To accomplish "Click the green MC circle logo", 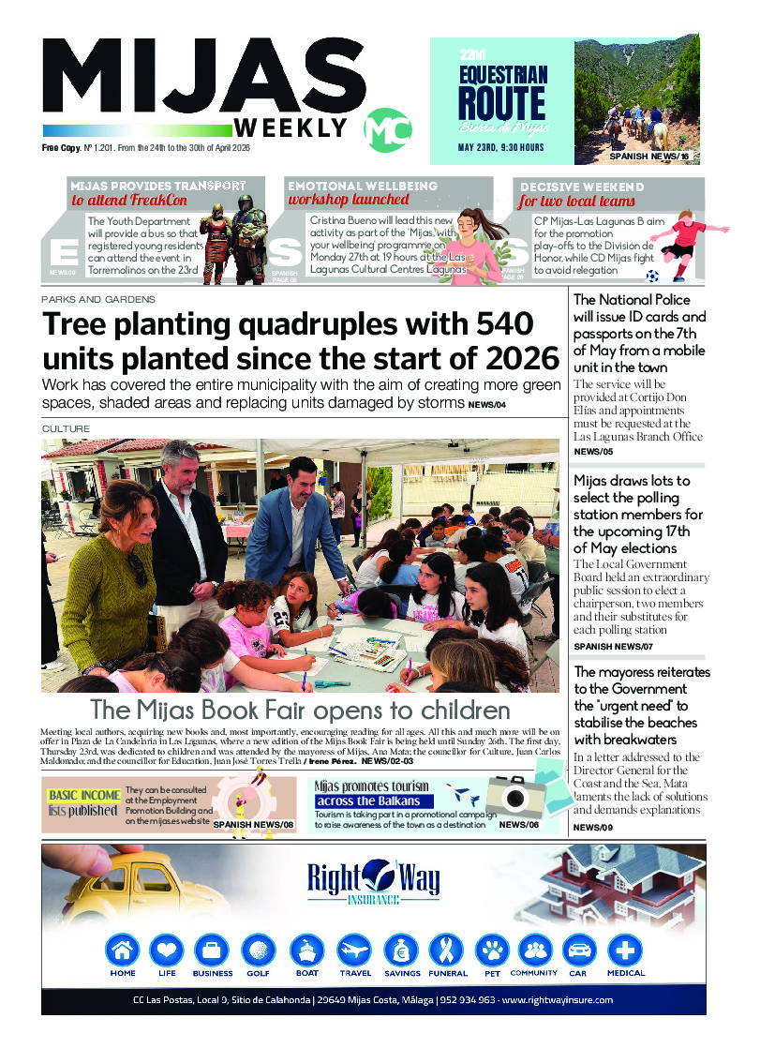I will click(x=387, y=130).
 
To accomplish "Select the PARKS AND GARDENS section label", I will click(x=97, y=299).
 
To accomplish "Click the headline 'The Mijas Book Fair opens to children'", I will click(x=300, y=709).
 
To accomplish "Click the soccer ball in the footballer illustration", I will click(x=652, y=276).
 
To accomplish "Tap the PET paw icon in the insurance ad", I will click(x=491, y=950).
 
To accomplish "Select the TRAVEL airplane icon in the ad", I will click(x=355, y=950).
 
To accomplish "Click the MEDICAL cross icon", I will click(x=625, y=950).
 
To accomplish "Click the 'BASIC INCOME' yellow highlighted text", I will click(x=85, y=795).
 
